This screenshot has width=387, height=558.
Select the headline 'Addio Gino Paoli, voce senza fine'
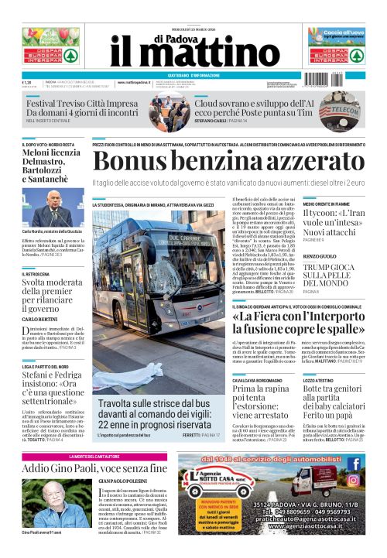coord(94,468)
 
